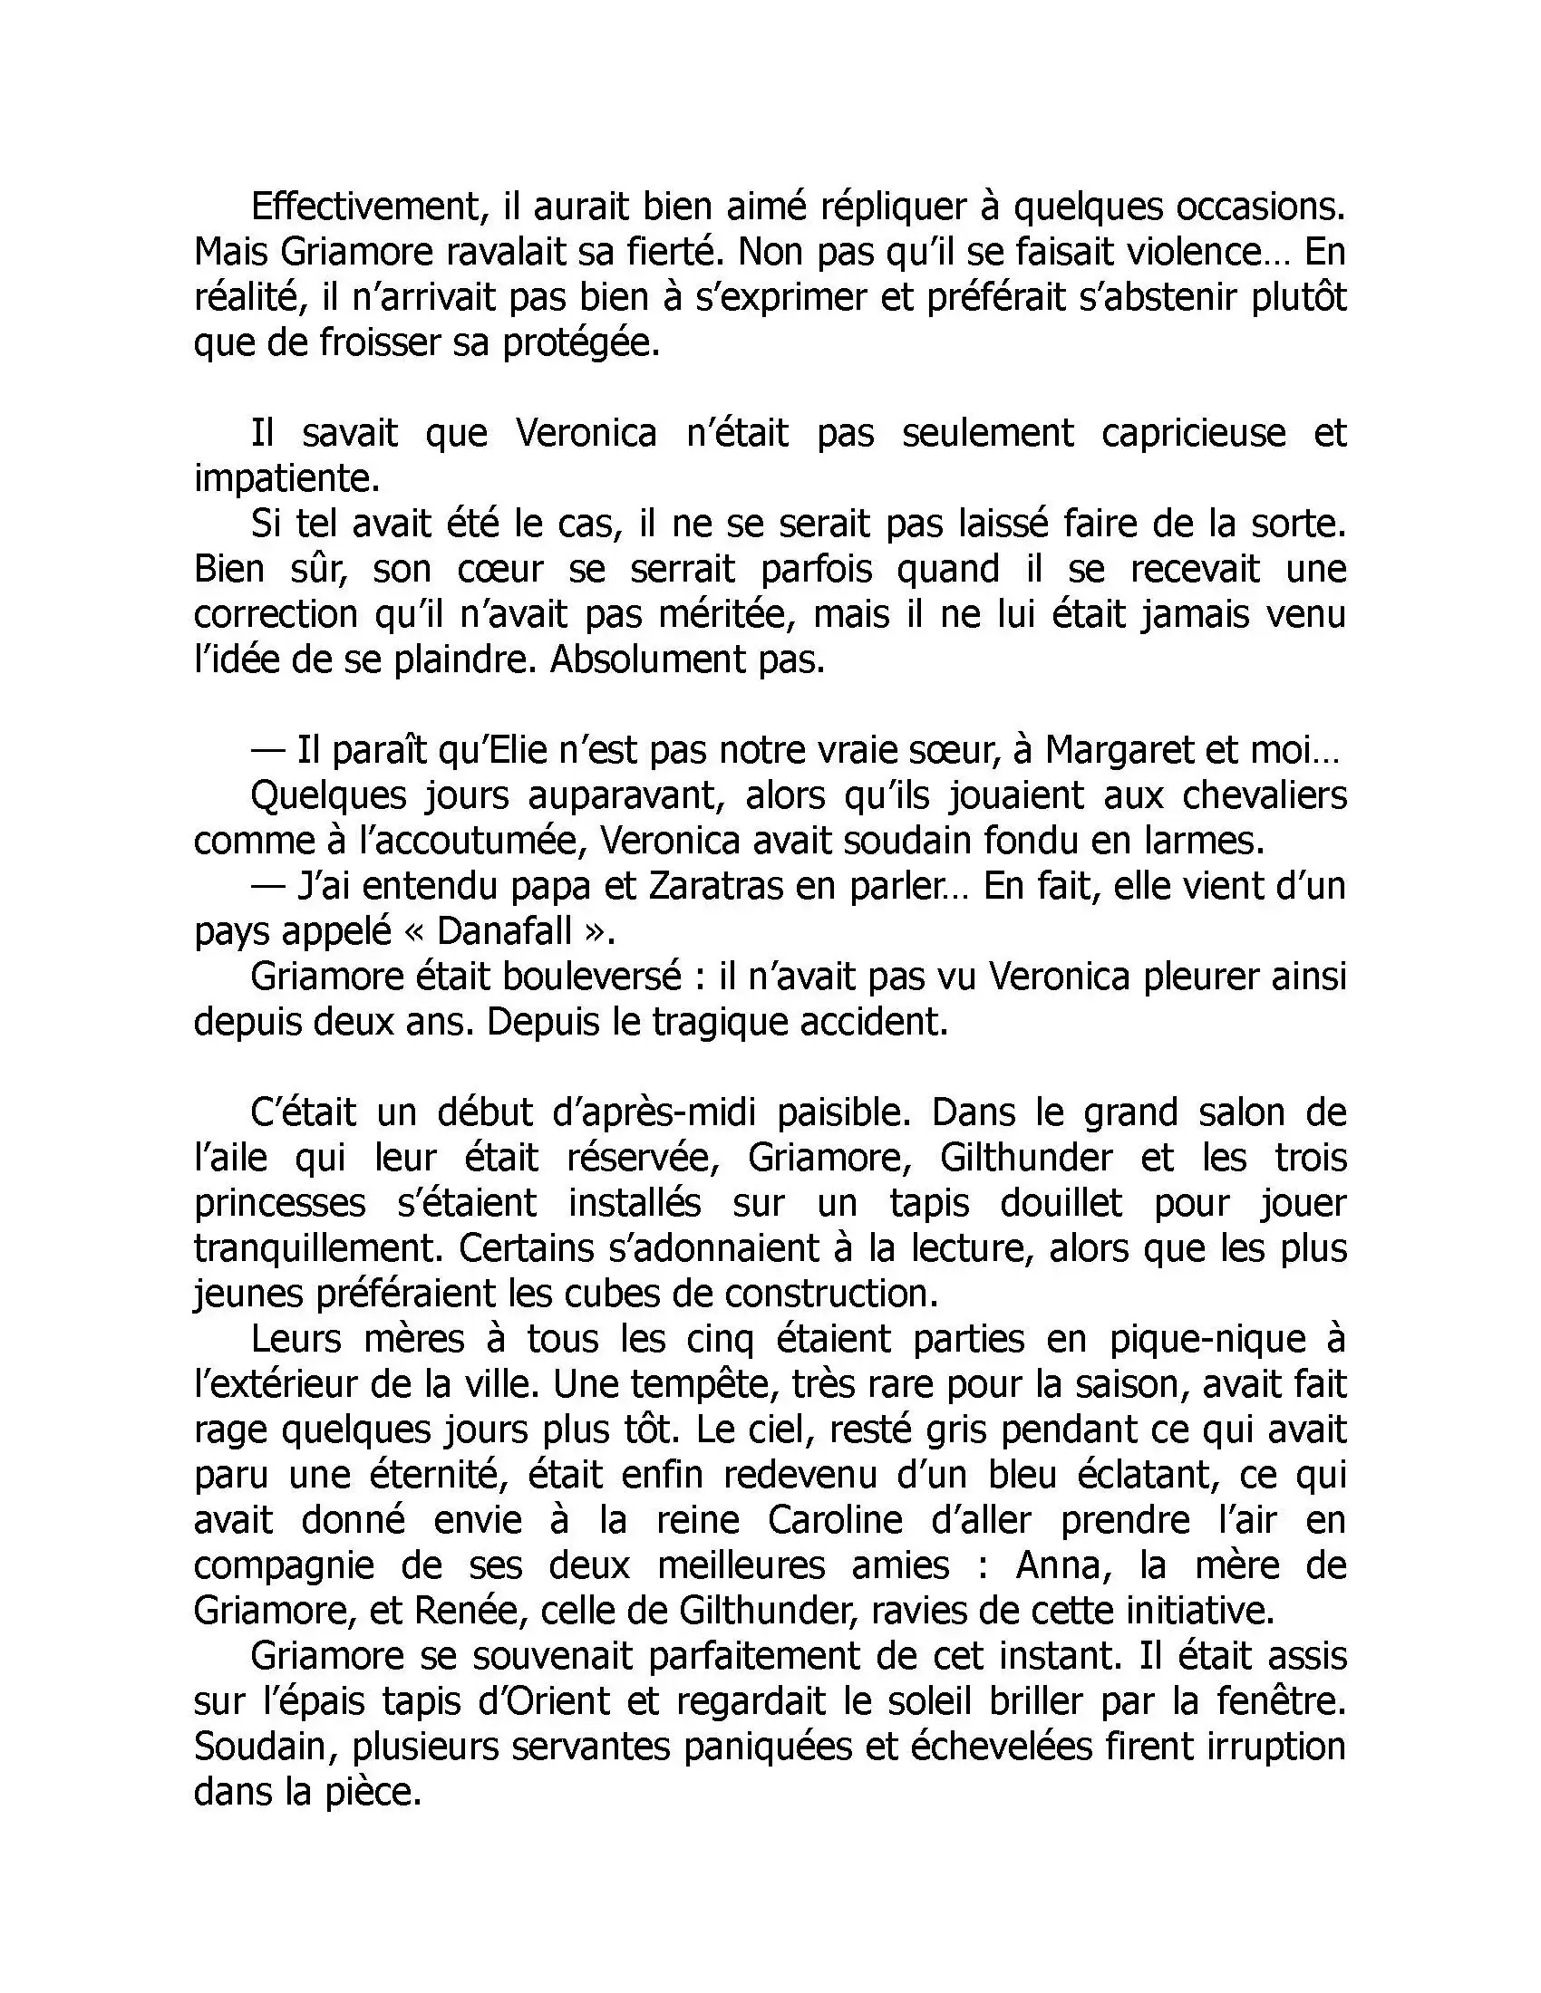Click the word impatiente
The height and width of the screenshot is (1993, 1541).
point(285,478)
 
